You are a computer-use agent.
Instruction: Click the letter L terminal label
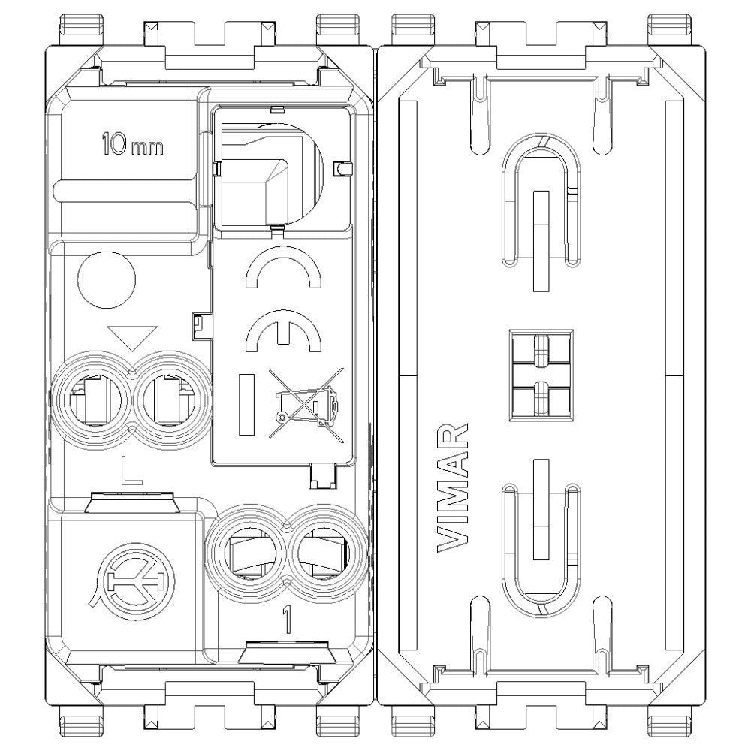[x=132, y=471]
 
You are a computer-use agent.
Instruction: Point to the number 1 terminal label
[x=285, y=618]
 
